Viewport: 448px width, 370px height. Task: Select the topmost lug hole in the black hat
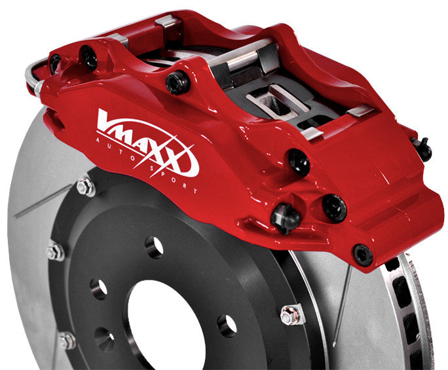pyautogui.click(x=155, y=247)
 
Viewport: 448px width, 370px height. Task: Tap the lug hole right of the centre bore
pyautogui.click(x=227, y=324)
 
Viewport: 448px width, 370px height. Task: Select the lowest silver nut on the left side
pyautogui.click(x=67, y=341)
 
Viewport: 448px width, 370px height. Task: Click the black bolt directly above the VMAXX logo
pyautogui.click(x=177, y=82)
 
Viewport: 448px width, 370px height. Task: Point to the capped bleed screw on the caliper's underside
pyautogui.click(x=285, y=216)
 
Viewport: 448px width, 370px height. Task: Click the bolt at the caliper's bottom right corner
pyautogui.click(x=362, y=254)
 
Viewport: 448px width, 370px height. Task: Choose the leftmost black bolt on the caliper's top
pyautogui.click(x=55, y=63)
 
